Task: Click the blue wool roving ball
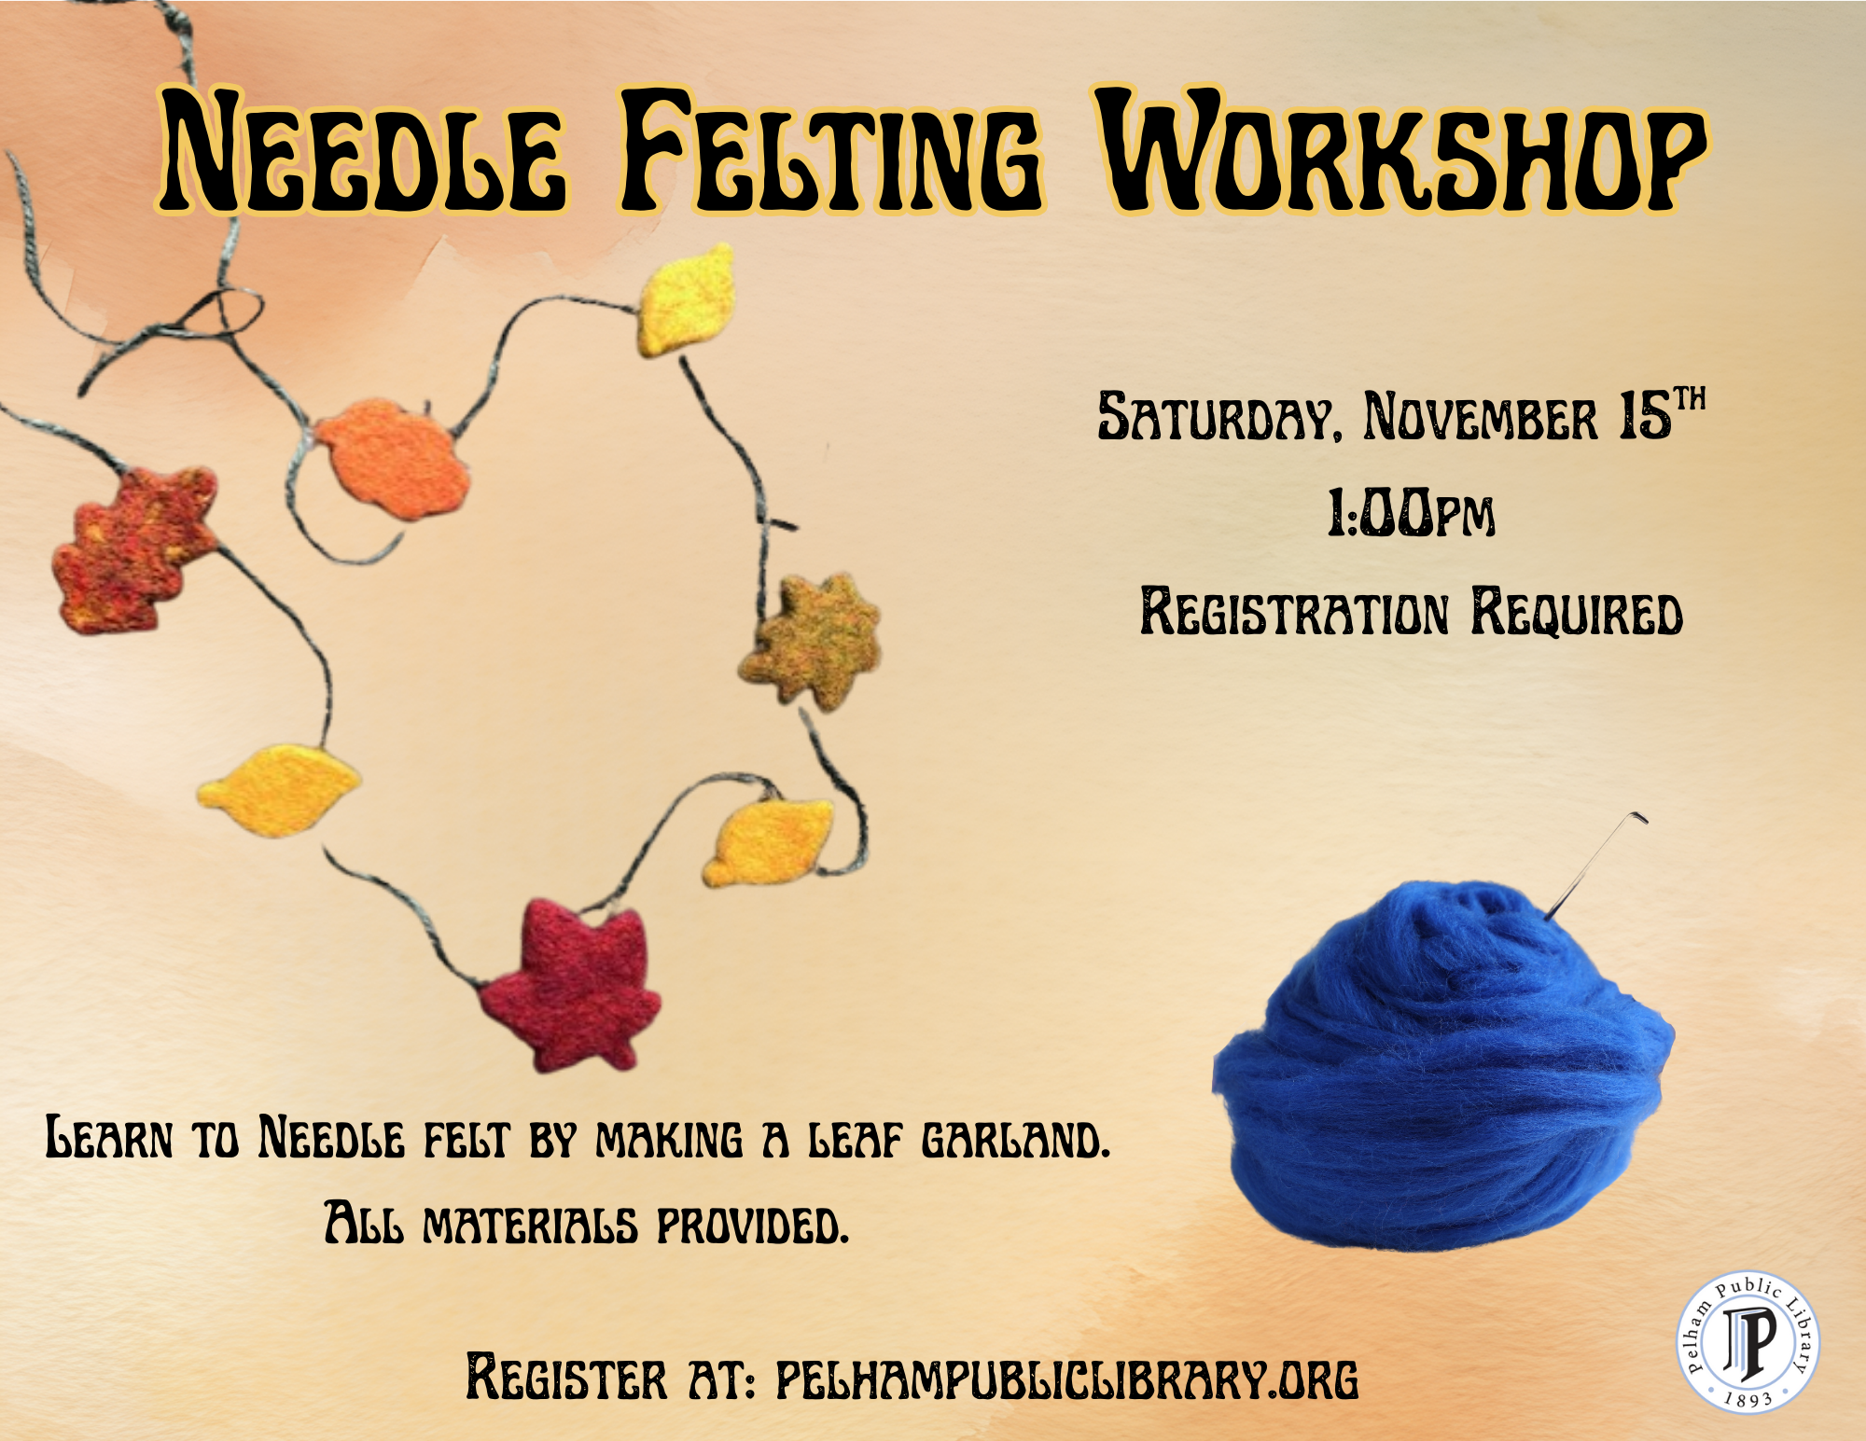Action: (x=1441, y=1073)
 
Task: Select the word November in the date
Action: (x=1481, y=417)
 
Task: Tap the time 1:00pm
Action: (x=1411, y=514)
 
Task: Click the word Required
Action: (x=1577, y=614)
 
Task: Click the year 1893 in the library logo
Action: (x=1748, y=1399)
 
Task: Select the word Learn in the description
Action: (x=109, y=1139)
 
